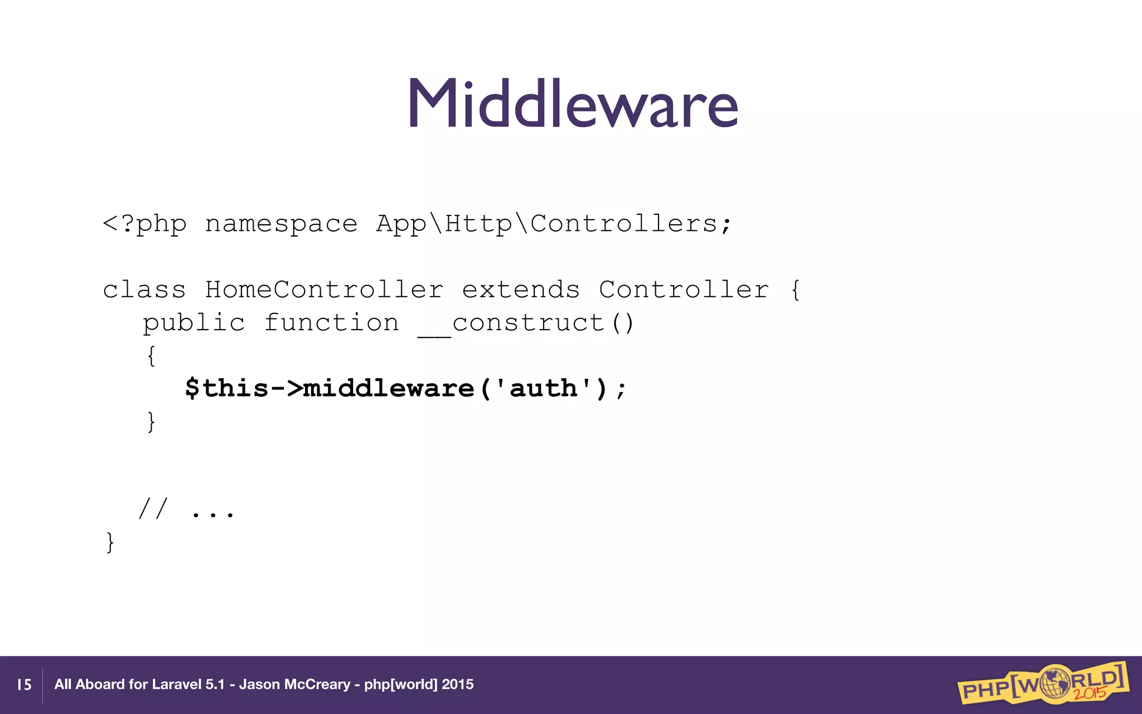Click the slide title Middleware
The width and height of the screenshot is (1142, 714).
pyautogui.click(x=573, y=103)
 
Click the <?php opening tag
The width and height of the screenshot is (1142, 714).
pyautogui.click(x=144, y=224)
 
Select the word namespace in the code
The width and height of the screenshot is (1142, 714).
pyautogui.click(x=281, y=224)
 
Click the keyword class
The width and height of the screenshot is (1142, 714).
pyautogui.click(x=144, y=290)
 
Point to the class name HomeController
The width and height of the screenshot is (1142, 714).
pyautogui.click(x=324, y=290)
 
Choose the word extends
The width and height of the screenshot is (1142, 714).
pyautogui.click(x=521, y=290)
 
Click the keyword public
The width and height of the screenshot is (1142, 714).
pyautogui.click(x=193, y=324)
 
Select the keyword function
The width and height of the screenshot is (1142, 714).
pyautogui.click(x=331, y=324)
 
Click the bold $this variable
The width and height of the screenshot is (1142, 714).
pyautogui.click(x=226, y=388)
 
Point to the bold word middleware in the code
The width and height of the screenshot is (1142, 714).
pyautogui.click(x=388, y=388)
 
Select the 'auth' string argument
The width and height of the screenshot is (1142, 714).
pyautogui.click(x=543, y=388)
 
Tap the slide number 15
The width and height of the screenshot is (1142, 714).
pyautogui.click(x=24, y=684)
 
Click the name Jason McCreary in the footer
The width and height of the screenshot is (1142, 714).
pyautogui.click(x=294, y=684)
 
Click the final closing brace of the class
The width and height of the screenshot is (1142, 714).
pyautogui.click(x=110, y=542)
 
